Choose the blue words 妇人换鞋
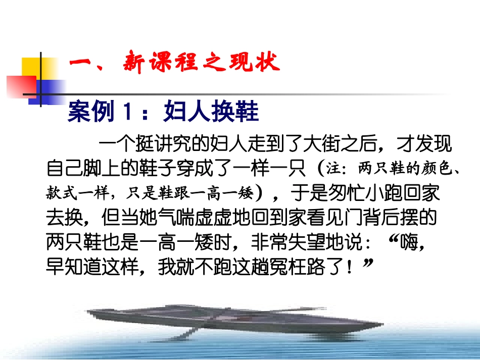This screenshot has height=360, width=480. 211,112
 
